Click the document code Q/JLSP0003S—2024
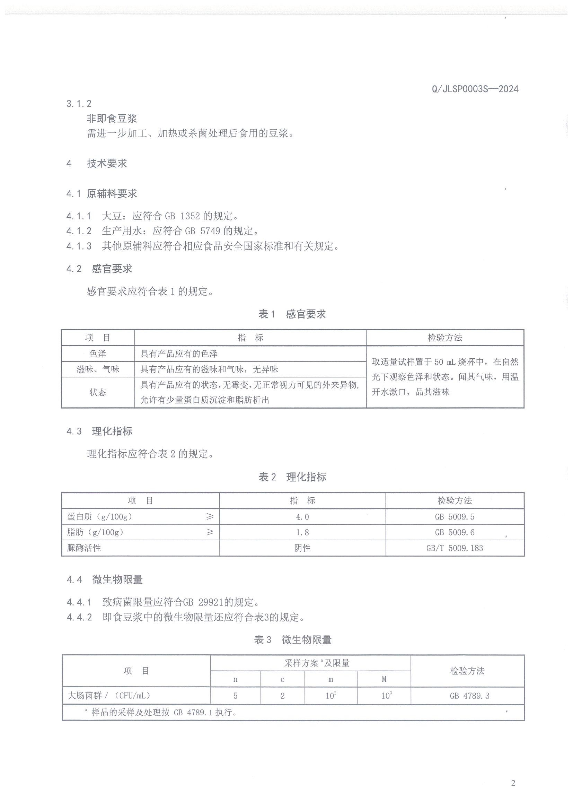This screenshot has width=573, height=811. click(475, 89)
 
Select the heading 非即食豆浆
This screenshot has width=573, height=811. click(112, 118)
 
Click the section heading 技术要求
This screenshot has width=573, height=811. click(107, 163)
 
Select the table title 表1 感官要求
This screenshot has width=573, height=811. click(292, 314)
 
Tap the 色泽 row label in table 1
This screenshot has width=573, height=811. click(98, 354)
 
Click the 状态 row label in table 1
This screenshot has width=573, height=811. click(98, 392)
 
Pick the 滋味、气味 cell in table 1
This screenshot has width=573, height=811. click(98, 369)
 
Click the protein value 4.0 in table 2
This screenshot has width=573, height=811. click(302, 517)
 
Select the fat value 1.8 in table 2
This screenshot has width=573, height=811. click(302, 532)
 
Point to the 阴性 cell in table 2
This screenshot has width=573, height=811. click(302, 548)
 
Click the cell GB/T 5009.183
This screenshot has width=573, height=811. click(455, 548)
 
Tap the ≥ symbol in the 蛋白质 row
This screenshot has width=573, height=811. click(210, 516)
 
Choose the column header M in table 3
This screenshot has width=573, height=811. click(384, 679)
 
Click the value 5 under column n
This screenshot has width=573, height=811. click(236, 696)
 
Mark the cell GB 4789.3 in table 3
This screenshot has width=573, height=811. click(469, 696)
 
